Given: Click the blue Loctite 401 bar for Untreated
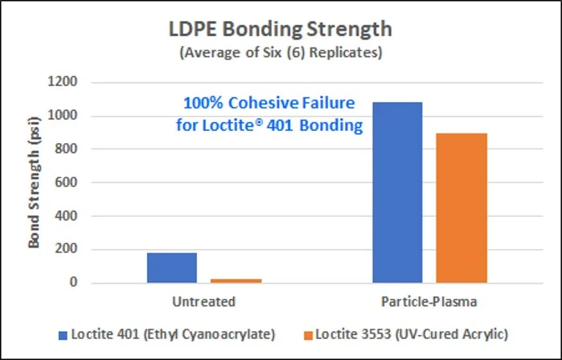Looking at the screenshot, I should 171,268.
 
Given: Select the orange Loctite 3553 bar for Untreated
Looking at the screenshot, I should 236,280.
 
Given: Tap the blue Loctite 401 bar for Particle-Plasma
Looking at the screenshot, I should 398,192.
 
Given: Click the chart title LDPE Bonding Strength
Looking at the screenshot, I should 281,31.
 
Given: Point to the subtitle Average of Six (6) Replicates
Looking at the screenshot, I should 281,54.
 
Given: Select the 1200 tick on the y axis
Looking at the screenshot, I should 63,82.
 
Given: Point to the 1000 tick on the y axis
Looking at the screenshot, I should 63,116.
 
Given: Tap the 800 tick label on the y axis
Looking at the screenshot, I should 66,149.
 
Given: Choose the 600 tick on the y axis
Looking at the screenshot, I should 66,182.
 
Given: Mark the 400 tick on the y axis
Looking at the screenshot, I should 66,216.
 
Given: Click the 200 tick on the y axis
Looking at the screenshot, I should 66,250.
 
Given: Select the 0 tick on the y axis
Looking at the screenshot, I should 73,283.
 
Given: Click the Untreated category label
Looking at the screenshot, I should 203,302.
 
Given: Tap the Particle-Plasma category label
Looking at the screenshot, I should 430,302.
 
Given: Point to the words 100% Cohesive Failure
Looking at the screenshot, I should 269,104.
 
